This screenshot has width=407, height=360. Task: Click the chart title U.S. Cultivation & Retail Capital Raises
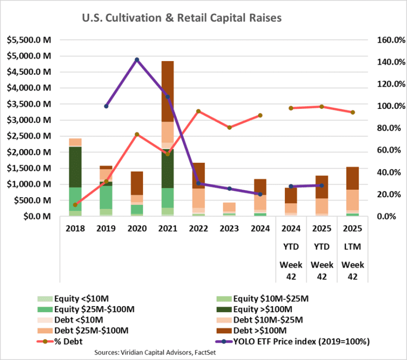tap(182, 18)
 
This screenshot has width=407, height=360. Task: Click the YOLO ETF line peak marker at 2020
tap(137, 60)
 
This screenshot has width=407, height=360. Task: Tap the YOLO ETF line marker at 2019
tap(106, 106)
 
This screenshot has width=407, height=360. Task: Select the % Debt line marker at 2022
tap(198, 111)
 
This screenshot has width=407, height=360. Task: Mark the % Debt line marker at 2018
tap(75, 205)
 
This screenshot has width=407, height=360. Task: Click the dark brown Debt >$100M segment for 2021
tap(167, 92)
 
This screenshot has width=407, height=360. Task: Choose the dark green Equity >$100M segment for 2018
tap(75, 167)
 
